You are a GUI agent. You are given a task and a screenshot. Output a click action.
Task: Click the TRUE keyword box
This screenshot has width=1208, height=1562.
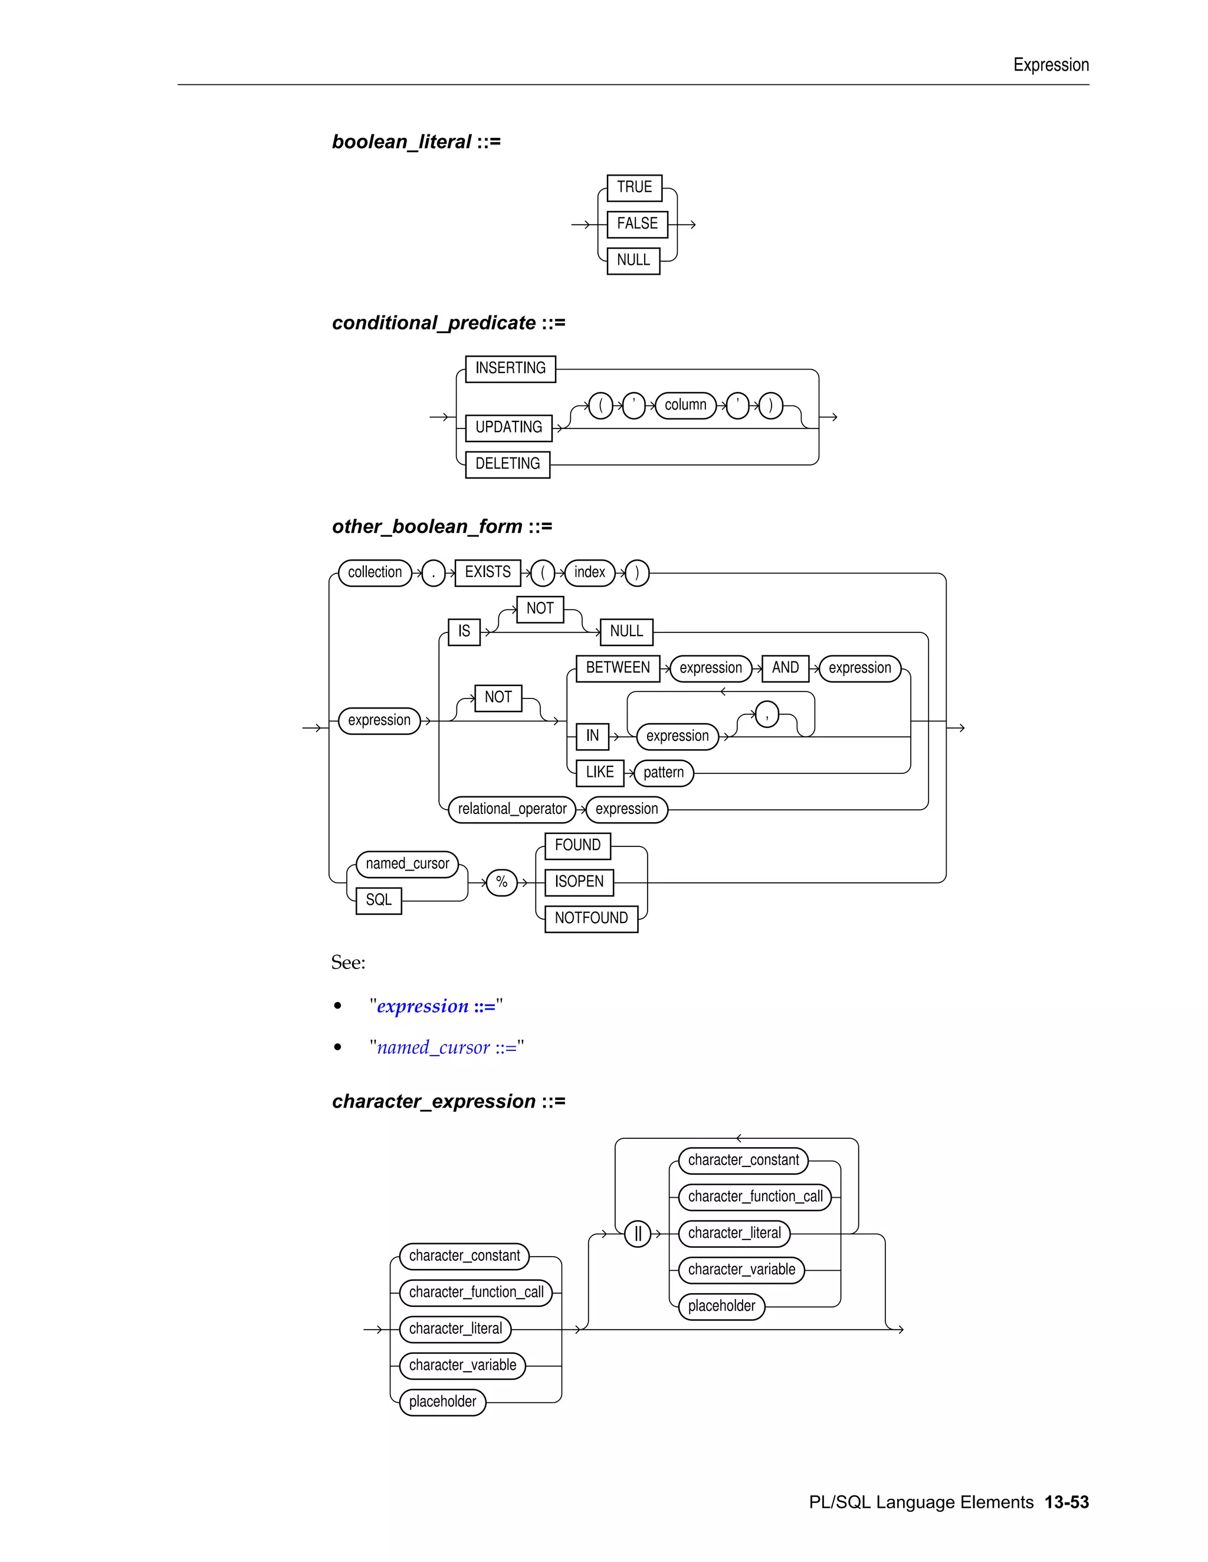(634, 187)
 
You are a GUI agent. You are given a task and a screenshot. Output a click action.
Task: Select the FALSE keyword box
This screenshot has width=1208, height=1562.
(637, 224)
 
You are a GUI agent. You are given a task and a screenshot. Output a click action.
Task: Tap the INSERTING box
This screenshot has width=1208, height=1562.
(510, 368)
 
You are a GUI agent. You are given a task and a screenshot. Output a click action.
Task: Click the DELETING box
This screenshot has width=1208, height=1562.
(507, 464)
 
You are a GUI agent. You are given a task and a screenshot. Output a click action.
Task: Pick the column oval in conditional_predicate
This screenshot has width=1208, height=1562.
(685, 405)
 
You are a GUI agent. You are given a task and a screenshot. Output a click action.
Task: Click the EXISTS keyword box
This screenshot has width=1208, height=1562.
(487, 572)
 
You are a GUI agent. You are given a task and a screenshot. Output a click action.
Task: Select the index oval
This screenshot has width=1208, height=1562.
(589, 572)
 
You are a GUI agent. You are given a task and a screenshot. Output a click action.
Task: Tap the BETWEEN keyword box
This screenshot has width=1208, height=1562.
(618, 668)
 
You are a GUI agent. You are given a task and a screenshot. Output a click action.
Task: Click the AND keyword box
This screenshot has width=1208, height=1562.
(785, 668)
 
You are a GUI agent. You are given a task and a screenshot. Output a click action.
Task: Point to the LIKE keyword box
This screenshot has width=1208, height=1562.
(600, 772)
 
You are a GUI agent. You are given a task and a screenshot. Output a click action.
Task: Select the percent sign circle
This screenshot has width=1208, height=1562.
(502, 882)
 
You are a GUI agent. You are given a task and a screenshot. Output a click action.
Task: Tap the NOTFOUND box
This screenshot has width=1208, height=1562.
(591, 918)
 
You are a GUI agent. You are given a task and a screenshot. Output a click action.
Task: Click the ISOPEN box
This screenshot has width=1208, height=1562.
(579, 882)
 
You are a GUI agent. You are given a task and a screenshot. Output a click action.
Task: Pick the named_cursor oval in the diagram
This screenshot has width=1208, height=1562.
(407, 864)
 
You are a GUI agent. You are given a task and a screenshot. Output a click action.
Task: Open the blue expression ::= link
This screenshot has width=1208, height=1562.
(436, 1006)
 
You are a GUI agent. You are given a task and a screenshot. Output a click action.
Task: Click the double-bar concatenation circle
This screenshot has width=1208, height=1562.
(638, 1234)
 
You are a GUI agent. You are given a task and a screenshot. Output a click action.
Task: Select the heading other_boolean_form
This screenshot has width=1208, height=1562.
(427, 527)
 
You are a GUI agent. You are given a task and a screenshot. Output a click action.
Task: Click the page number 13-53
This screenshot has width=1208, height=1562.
(1066, 1502)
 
